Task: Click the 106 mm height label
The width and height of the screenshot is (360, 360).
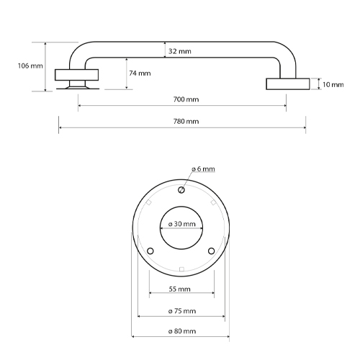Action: [30, 66]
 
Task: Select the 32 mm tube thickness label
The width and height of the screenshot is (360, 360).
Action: [179, 52]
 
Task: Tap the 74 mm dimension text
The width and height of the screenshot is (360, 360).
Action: [140, 73]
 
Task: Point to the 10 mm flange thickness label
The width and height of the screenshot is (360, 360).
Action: [333, 85]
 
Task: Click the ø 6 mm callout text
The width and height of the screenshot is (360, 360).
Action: [203, 168]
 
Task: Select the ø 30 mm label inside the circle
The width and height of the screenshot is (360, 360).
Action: [181, 224]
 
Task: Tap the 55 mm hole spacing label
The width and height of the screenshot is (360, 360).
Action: [180, 289]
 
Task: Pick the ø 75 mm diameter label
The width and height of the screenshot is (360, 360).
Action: [181, 311]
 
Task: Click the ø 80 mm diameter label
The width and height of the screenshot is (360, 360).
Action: [181, 331]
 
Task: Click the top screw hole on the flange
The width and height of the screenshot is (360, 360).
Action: [181, 190]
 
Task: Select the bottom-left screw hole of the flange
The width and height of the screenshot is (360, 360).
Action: [150, 251]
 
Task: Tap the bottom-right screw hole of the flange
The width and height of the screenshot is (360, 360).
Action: [212, 251]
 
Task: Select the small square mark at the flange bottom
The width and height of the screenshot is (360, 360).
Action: [181, 269]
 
